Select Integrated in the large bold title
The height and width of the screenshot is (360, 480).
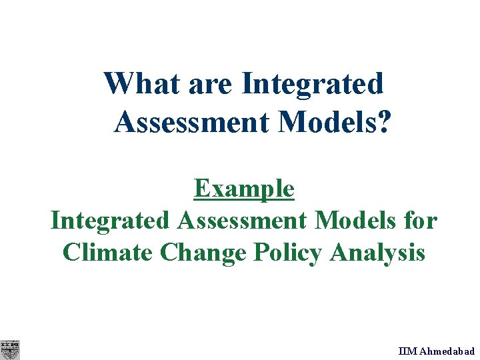tap(313, 84)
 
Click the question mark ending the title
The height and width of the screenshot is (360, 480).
tap(383, 122)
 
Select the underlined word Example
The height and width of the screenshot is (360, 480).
tap(244, 189)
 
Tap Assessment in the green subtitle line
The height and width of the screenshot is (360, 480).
tap(243, 221)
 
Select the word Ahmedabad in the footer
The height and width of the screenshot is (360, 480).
tap(447, 351)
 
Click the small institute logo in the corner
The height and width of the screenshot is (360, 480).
tap(10, 349)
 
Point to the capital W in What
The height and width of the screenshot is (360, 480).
tap(118, 84)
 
